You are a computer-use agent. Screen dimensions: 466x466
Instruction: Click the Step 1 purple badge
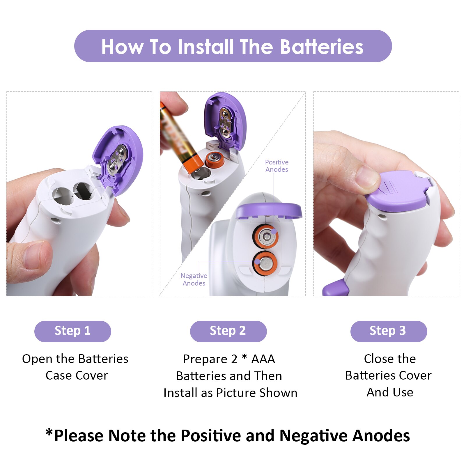pos(72,331)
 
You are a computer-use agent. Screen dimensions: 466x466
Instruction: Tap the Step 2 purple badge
pos(228,331)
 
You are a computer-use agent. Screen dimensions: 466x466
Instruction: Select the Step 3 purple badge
pos(388,331)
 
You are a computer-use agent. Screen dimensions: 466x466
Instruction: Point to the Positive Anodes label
pos(277,166)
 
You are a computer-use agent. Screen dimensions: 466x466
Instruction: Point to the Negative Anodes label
pos(194,279)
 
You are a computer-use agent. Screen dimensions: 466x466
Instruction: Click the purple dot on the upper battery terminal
pos(274,231)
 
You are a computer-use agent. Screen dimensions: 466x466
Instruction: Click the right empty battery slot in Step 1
pos(84,191)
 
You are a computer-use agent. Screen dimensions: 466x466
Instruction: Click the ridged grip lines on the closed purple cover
pos(389,188)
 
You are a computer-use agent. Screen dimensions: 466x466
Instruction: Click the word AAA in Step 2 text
pos(263,359)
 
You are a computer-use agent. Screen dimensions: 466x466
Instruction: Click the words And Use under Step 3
pos(389,392)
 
